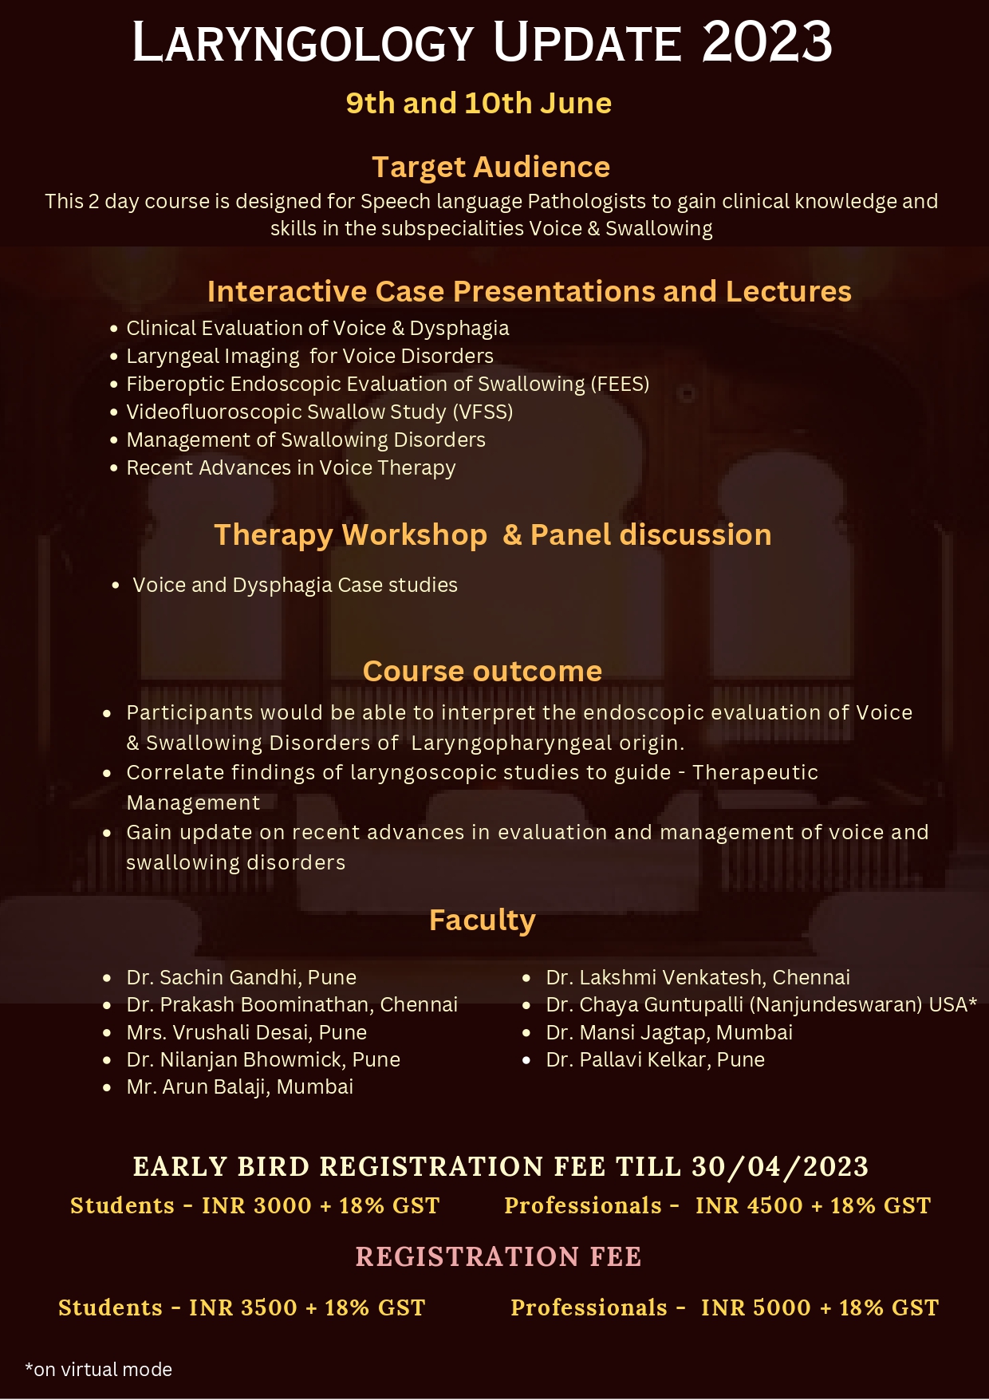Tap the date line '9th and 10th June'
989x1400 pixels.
(x=479, y=103)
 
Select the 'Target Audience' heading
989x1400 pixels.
(x=491, y=167)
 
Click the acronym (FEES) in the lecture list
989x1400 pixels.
(x=621, y=384)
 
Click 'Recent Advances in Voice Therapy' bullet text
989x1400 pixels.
(x=291, y=467)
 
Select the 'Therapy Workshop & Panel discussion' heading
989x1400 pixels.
(x=493, y=534)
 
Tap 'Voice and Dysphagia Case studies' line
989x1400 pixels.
(x=295, y=585)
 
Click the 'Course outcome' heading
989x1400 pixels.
(x=483, y=671)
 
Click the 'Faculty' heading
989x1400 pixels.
(x=483, y=920)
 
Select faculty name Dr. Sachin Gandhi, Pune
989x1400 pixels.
(x=242, y=977)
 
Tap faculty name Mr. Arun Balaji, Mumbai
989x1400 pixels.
(x=240, y=1086)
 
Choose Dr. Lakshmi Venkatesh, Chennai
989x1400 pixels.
(x=698, y=977)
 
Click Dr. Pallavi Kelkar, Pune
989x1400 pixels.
(x=656, y=1059)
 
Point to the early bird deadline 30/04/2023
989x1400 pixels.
(x=780, y=1166)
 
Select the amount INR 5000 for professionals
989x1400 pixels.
(x=756, y=1307)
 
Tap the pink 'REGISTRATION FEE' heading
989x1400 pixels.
(x=498, y=1256)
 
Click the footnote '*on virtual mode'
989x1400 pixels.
(x=99, y=1370)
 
